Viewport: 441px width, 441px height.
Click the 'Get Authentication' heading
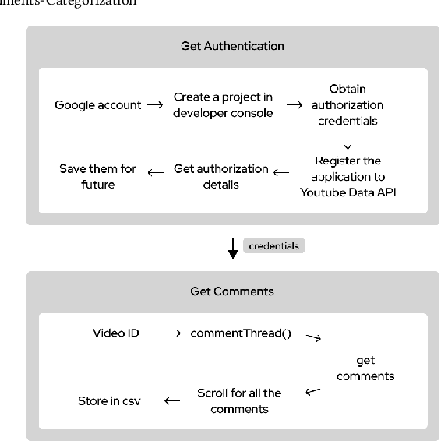[232, 46]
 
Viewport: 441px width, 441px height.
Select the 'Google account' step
[98, 104]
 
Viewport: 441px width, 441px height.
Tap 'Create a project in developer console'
[223, 105]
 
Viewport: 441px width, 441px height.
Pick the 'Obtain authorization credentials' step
[348, 104]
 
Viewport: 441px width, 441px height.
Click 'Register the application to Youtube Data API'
[348, 177]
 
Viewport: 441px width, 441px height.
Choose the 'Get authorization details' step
[220, 177]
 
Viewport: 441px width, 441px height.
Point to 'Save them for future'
[98, 177]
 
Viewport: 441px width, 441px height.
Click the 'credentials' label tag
[273, 245]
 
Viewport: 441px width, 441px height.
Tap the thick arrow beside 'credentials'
[233, 249]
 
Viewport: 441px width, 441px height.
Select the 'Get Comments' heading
[232, 291]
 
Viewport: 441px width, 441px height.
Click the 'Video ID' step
[116, 333]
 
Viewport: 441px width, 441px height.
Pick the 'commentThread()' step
[241, 333]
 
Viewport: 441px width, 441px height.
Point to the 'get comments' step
[365, 368]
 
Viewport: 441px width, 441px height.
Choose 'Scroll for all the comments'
[239, 400]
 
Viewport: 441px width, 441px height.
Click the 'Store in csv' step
[109, 401]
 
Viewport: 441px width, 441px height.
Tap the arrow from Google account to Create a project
[156, 105]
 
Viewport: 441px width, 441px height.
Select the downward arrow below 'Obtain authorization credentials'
[348, 142]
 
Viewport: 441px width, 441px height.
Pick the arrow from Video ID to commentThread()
[174, 333]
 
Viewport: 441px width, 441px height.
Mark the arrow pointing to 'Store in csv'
[172, 401]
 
